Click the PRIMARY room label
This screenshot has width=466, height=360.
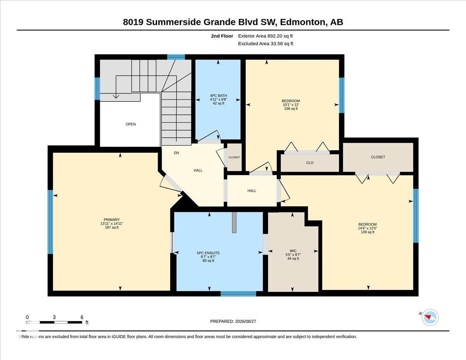coord(111,219)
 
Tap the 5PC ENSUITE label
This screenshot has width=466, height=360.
coord(208,253)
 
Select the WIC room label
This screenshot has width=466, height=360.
coord(293,251)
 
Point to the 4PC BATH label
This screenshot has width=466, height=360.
coord(218,96)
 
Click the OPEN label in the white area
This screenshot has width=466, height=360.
coord(130,124)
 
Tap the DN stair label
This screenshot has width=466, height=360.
coord(176,153)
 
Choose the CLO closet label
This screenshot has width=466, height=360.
coord(310,163)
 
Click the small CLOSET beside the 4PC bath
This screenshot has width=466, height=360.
coord(234,157)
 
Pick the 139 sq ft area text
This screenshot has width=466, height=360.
coord(368,232)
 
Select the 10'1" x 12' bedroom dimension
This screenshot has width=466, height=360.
coord(291,104)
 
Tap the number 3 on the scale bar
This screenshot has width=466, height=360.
coord(54,317)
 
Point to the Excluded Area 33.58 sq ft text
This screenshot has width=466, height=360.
coord(266,44)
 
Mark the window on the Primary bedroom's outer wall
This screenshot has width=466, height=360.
coord(50,222)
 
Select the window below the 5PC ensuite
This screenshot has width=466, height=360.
coord(238,294)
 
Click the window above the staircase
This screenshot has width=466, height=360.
coord(176,57)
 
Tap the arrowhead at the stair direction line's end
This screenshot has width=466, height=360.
coord(116,97)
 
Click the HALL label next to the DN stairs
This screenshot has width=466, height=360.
coord(198,170)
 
